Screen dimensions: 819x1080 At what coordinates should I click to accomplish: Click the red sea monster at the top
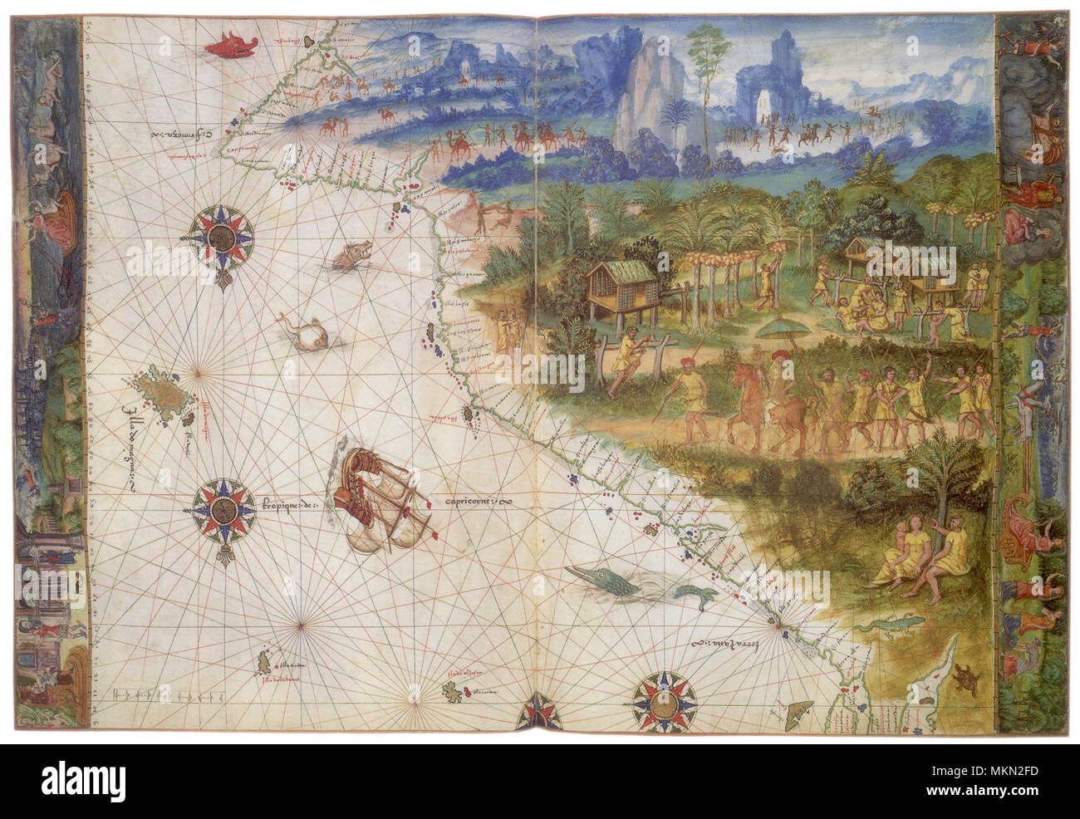[x=230, y=45]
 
